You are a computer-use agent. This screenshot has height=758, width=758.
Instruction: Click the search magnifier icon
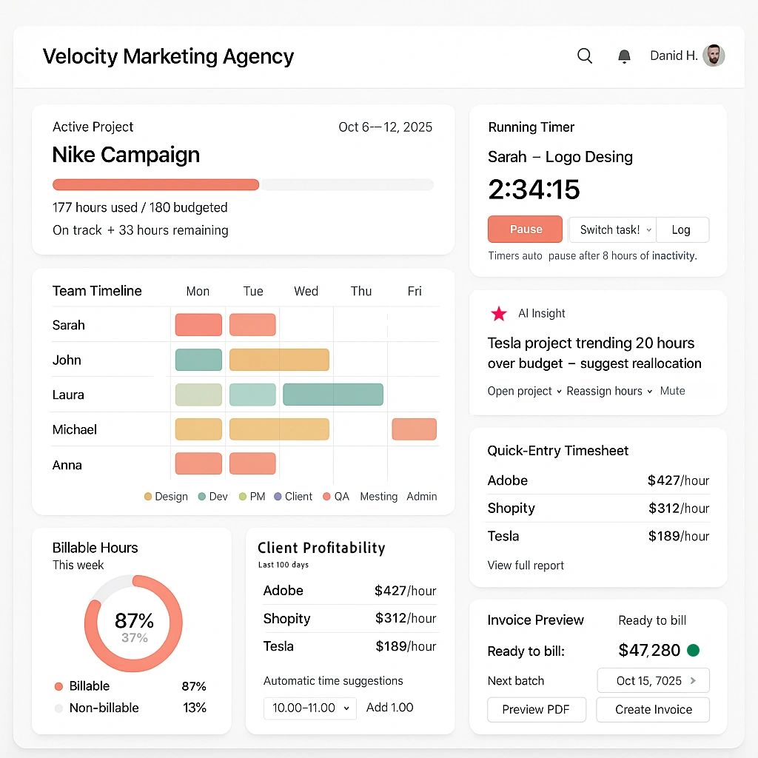click(585, 56)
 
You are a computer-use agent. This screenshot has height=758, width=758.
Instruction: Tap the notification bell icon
click(624, 56)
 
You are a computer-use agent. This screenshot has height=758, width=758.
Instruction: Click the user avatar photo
click(714, 56)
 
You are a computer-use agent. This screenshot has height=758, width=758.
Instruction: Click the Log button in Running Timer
click(682, 229)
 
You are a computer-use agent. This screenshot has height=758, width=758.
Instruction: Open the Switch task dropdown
click(612, 229)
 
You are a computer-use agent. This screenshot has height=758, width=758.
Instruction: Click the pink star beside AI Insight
click(499, 314)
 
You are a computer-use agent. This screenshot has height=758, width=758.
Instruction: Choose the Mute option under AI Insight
click(672, 391)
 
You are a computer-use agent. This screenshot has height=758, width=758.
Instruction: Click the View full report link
click(526, 566)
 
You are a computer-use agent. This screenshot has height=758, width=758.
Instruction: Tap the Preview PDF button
click(536, 709)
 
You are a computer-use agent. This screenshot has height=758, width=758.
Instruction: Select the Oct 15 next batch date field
click(653, 680)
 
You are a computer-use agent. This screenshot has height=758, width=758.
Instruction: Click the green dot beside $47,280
click(694, 651)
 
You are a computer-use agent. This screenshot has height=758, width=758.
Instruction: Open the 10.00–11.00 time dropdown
click(310, 708)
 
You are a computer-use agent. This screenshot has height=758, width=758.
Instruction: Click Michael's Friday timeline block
click(414, 429)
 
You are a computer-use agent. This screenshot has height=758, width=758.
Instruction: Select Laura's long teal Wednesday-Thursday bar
click(333, 395)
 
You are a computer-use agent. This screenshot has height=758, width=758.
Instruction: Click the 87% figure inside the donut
click(134, 620)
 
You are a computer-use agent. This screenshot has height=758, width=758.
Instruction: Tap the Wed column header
click(306, 291)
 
